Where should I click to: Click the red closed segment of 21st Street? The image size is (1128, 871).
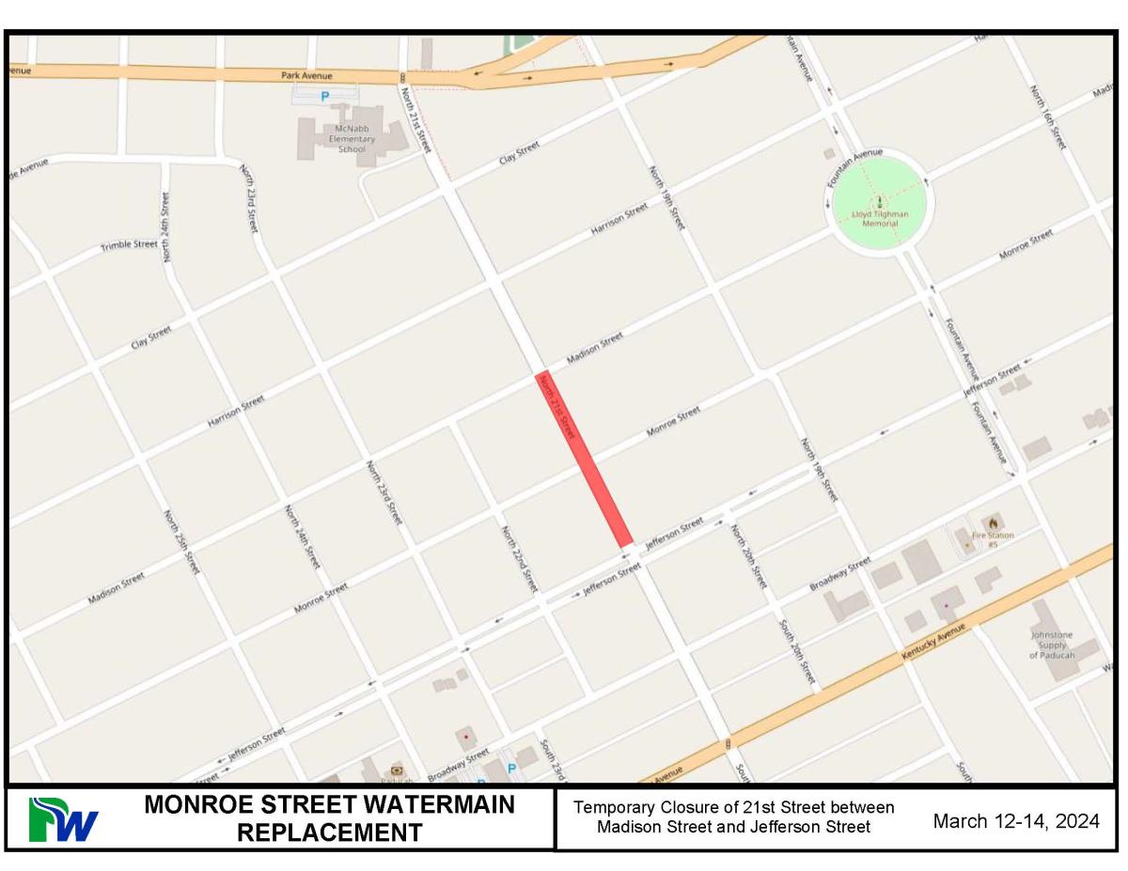(x=584, y=460)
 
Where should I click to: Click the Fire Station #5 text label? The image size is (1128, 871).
(x=993, y=539)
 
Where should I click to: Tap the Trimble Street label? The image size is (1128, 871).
(x=130, y=245)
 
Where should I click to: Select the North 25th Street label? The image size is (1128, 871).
(x=181, y=542)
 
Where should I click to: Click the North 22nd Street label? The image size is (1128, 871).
(x=519, y=558)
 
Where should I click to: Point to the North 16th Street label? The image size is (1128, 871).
(x=1046, y=117)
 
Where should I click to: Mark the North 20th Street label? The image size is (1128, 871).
(x=748, y=556)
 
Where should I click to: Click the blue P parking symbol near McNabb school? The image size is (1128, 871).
(x=325, y=96)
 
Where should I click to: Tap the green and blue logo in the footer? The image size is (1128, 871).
(x=62, y=819)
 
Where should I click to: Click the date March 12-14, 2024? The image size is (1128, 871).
(x=1015, y=821)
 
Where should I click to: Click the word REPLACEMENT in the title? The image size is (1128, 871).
(x=329, y=833)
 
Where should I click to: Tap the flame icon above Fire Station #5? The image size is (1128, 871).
(x=992, y=521)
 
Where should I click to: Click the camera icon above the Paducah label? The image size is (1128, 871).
(x=396, y=770)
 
